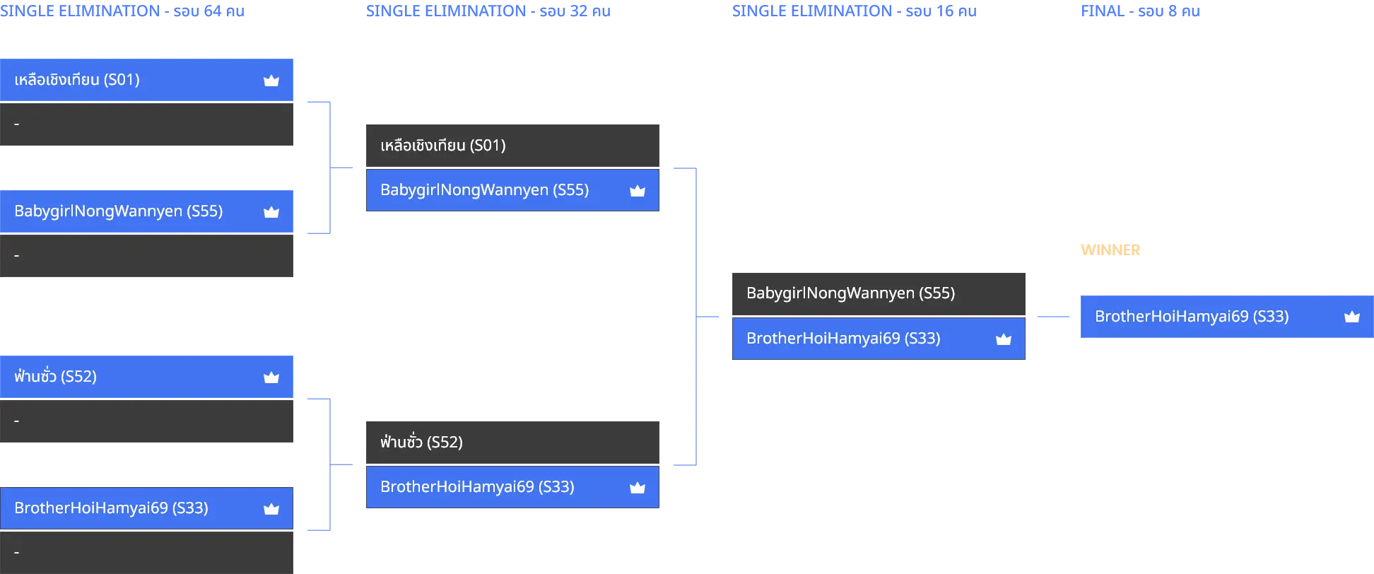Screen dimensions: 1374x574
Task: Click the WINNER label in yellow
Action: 1110,250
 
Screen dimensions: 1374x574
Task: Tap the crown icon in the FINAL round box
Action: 1351,317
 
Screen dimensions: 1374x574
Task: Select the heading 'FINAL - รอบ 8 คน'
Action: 1140,11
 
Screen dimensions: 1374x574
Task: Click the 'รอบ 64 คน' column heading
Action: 209,11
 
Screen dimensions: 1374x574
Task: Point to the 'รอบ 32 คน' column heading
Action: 575,11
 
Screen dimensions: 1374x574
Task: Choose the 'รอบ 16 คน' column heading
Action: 941,11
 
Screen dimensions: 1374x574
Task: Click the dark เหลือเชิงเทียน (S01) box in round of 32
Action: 512,146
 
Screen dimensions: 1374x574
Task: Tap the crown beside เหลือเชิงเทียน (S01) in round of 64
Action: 271,81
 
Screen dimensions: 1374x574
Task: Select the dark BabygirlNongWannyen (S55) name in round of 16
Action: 850,293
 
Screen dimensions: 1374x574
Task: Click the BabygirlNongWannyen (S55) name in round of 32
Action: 484,190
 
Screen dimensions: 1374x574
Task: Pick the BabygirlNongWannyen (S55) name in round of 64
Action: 118,211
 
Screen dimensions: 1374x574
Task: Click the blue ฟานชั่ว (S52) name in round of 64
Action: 55,376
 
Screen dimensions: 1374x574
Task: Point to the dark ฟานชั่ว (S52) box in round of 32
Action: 512,443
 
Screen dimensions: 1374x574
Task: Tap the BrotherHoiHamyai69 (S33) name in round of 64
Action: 111,508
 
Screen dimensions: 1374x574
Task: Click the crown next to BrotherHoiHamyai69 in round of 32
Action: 638,487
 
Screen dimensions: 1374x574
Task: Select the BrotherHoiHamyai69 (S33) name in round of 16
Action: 843,339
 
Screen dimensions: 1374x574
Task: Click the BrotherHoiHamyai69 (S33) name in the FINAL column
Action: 1192,317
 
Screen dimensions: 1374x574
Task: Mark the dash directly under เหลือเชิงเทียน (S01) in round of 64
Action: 17,124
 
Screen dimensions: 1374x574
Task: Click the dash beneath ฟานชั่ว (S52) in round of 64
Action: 17,421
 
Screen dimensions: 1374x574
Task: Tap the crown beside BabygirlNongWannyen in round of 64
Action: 271,212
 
